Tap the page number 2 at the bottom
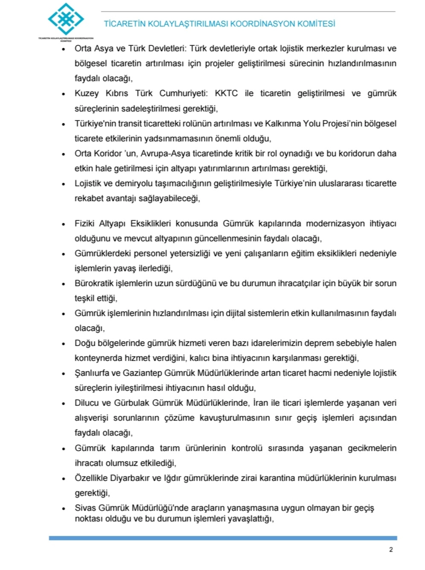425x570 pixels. [x=391, y=550]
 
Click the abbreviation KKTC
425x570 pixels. [x=226, y=94]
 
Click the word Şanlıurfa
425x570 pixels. [x=92, y=373]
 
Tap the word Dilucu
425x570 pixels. [x=87, y=403]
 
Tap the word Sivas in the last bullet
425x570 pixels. [x=85, y=508]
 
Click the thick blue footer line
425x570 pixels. [x=223, y=538]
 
